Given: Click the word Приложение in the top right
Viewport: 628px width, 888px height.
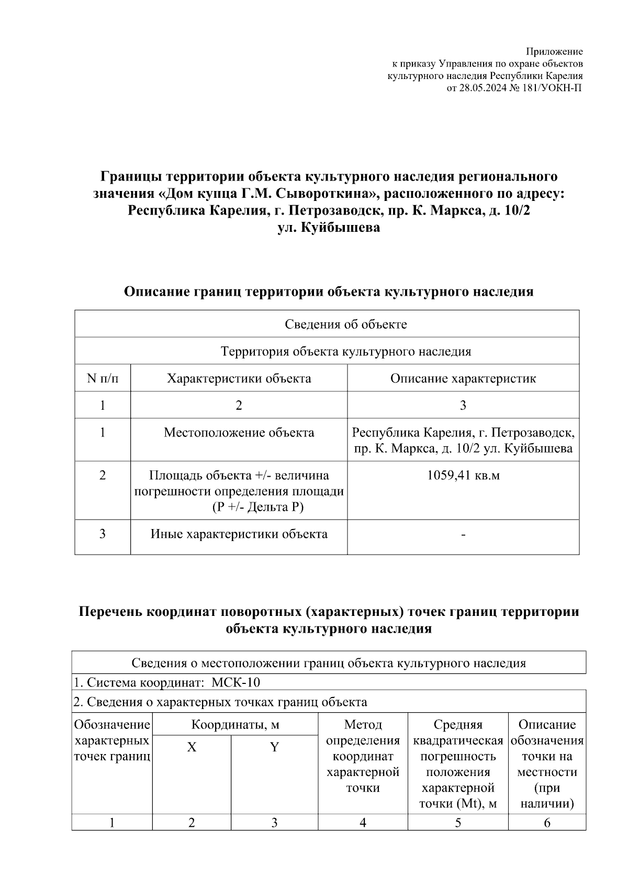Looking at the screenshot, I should [554, 51].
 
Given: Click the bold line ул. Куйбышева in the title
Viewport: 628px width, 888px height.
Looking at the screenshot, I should [329, 228].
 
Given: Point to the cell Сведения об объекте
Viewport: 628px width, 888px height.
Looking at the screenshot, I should [345, 324].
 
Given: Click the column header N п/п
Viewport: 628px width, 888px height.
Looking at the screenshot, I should [103, 378].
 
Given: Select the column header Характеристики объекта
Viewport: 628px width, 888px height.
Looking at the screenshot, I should [239, 378].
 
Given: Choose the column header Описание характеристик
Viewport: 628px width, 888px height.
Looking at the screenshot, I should [463, 378].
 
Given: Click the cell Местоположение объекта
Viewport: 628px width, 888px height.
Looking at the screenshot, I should [239, 433].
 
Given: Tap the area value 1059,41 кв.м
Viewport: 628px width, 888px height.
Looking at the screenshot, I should [463, 476].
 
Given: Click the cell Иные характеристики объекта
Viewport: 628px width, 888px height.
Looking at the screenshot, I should [239, 534].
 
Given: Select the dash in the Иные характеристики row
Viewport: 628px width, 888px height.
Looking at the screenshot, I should [463, 535].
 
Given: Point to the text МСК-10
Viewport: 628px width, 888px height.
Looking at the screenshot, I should [235, 683].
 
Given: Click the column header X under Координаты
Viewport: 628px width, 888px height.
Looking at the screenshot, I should [192, 747].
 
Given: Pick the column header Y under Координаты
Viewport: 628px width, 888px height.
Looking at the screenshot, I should [274, 747].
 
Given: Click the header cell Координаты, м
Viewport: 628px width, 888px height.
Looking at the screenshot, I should [235, 725].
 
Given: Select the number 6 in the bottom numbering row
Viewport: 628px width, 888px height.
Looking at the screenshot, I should [547, 823].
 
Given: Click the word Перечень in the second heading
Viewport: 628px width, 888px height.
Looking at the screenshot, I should [110, 612].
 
